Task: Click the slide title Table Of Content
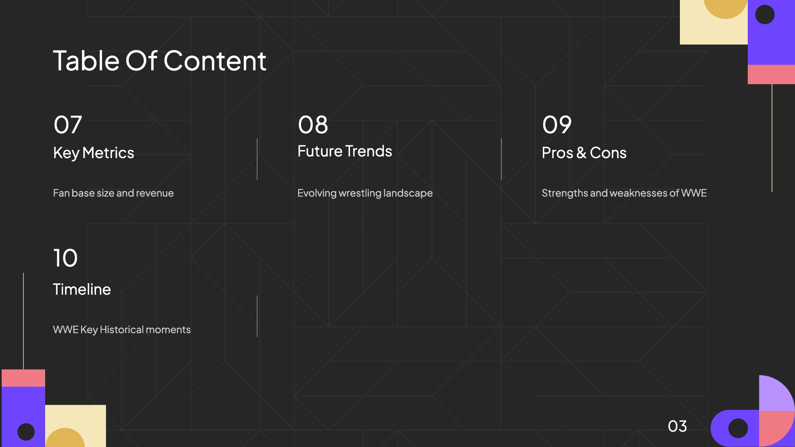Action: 160,61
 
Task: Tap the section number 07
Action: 68,125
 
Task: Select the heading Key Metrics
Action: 94,153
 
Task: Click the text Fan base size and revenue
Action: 113,193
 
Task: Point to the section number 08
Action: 313,125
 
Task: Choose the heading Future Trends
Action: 344,151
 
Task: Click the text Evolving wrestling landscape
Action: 365,193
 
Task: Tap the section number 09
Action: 557,125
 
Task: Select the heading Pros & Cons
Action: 584,153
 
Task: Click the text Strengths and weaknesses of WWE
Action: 624,193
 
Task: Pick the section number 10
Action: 65,258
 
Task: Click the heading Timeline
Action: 82,289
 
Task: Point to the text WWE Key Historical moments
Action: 122,329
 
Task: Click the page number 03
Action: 677,426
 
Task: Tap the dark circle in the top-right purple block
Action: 765,14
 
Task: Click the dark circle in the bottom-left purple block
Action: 26,432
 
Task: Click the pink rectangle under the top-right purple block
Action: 771,74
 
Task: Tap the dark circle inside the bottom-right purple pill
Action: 738,428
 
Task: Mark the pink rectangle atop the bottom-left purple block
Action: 23,378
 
